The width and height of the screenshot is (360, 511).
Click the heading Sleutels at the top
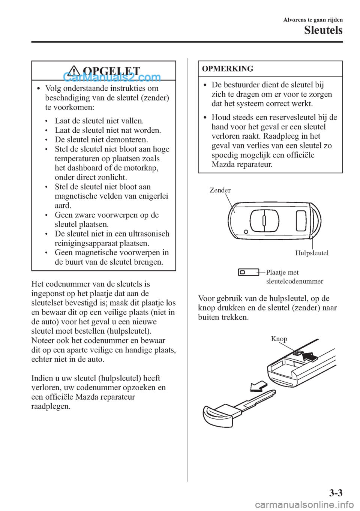pyautogui.click(x=323, y=30)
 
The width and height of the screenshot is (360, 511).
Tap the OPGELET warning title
pyautogui.click(x=111, y=71)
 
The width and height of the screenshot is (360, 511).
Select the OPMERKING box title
pyautogui.click(x=228, y=69)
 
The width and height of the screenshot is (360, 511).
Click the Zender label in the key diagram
pyautogui.click(x=220, y=190)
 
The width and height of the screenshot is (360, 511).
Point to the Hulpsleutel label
pyautogui.click(x=312, y=253)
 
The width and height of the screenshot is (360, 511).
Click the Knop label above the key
pyautogui.click(x=279, y=339)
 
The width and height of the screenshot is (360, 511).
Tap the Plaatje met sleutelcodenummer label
pyautogui.click(x=294, y=277)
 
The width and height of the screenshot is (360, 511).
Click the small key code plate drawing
pyautogui.click(x=248, y=272)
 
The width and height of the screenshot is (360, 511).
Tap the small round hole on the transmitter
pyautogui.click(x=245, y=232)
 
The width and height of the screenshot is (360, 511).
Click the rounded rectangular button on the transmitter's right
pyautogui.click(x=301, y=221)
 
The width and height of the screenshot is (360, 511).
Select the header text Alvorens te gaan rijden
pyautogui.click(x=313, y=20)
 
